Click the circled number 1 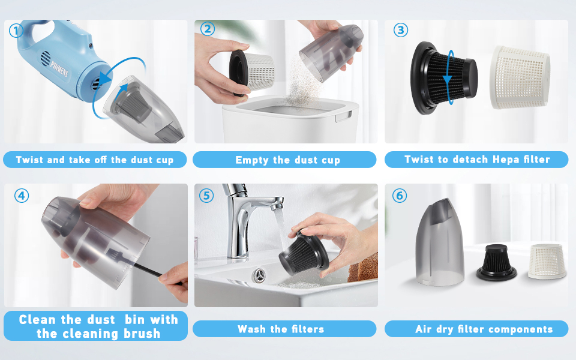coord(16,31)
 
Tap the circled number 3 coord(400,30)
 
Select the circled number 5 coord(206,196)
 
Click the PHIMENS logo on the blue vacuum coord(59,68)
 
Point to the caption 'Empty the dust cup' coord(287,160)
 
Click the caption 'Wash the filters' coord(281,329)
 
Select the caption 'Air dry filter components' coord(484,329)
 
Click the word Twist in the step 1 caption coord(29,160)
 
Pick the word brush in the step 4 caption coord(142,334)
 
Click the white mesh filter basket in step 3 coord(520,77)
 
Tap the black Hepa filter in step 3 coord(444,78)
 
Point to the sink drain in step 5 coord(260,275)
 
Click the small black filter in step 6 coord(496,263)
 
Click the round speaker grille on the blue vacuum coord(46,58)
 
